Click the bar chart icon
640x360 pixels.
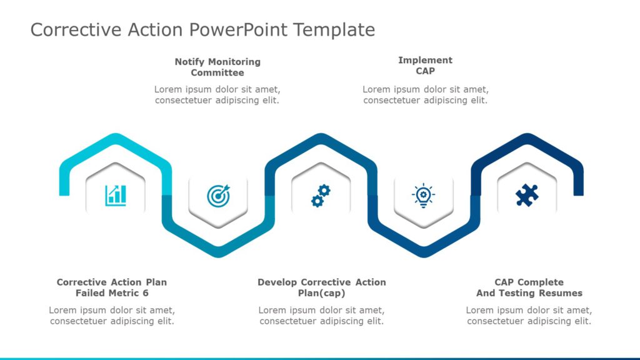coord(116,195)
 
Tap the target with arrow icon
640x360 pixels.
coord(218,196)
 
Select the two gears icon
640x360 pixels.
coord(321,196)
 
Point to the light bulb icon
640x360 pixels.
coord(423,196)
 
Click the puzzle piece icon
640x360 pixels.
coord(526,196)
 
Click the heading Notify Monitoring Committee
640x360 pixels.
coord(217,67)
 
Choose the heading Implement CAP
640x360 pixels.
coord(425,66)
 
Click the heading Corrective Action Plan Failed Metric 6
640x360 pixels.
coord(112,287)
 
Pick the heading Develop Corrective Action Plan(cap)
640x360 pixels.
coord(321,287)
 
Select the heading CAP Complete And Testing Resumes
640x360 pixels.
coord(529,287)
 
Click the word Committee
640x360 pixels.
coord(217,72)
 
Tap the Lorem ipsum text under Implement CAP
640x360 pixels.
coord(425,94)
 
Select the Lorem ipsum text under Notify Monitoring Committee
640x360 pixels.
coord(217,94)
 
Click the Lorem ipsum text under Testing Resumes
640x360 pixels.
coord(529,316)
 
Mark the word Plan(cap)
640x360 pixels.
coord(321,293)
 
